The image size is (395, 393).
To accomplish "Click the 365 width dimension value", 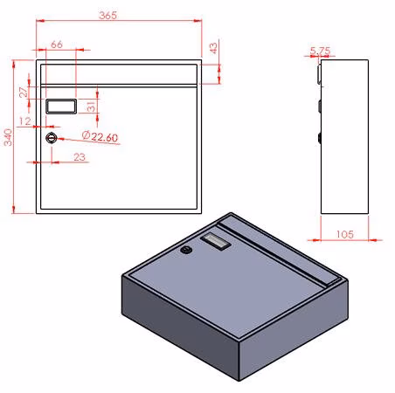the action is click(108, 16).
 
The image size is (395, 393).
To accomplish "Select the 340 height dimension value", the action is click(8, 137).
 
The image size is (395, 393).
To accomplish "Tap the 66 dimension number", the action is click(57, 45).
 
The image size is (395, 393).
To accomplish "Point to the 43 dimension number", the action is click(214, 48).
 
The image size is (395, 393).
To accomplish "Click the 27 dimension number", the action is click(24, 92).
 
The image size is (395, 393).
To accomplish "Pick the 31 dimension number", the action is click(91, 107).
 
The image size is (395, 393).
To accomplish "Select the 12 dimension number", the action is click(25, 121).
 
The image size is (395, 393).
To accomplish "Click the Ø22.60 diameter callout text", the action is click(100, 136).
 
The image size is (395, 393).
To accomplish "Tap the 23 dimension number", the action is click(80, 157).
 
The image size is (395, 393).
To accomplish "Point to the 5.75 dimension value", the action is click(320, 51).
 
